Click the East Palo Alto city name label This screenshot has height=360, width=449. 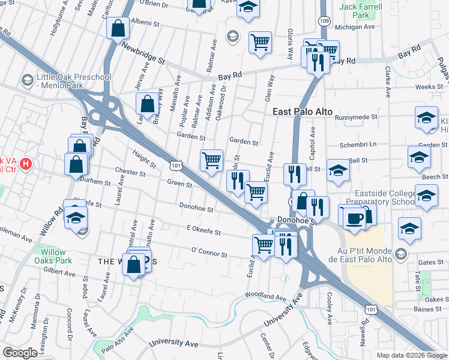tap(302, 112)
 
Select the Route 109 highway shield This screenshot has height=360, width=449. tap(324, 20)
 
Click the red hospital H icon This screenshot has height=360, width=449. tap(26, 163)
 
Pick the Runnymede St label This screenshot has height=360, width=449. tap(356, 118)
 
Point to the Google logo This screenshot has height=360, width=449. tap(20, 353)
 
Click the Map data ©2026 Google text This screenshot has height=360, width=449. tap(412, 355)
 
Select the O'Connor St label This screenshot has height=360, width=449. tap(209, 253)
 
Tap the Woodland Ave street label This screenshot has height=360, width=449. tap(265, 296)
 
